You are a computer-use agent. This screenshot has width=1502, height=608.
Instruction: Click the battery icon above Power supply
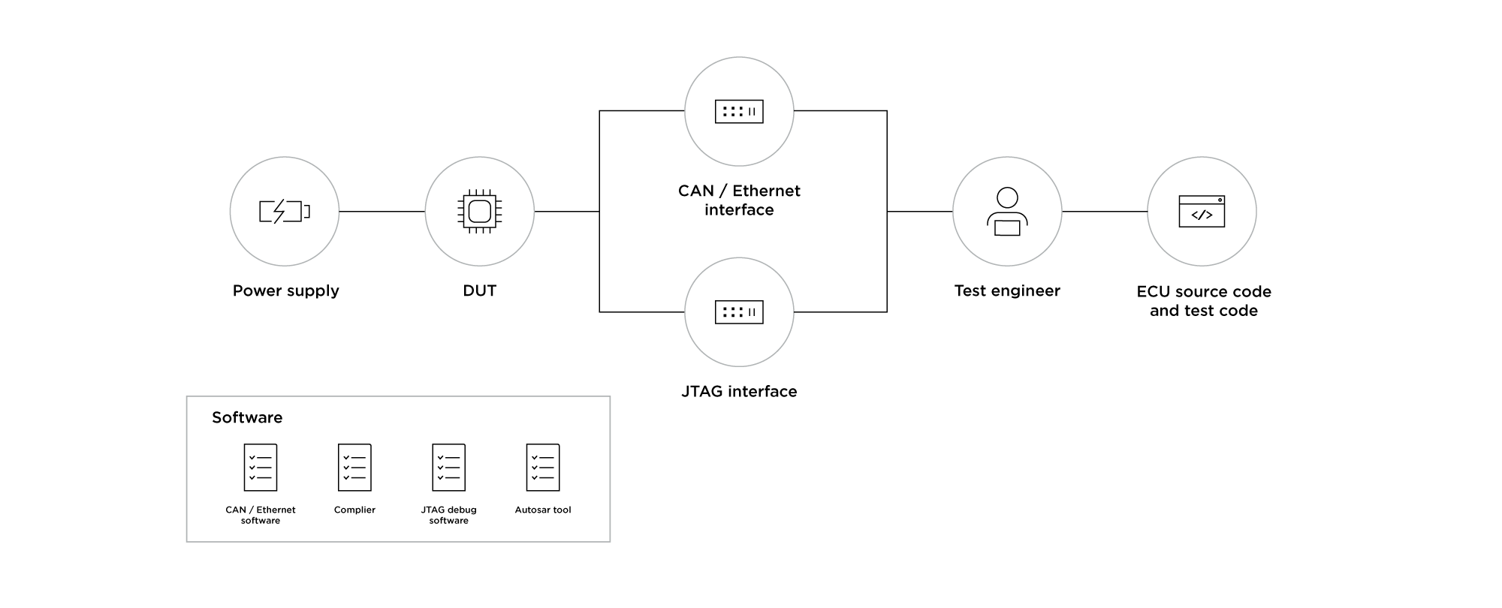[x=284, y=212]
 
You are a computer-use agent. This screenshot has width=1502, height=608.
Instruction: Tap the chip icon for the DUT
[x=479, y=212]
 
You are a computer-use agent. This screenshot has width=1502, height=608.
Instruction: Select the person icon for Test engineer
[x=1006, y=212]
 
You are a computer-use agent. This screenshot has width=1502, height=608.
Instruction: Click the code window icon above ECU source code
[x=1202, y=212]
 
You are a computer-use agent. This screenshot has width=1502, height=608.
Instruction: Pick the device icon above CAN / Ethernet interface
[x=739, y=112]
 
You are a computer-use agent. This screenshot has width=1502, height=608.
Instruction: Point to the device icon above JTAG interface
[x=739, y=312]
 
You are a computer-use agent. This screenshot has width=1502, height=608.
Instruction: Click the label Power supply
[x=285, y=290]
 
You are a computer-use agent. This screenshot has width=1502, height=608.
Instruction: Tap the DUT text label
[x=479, y=290]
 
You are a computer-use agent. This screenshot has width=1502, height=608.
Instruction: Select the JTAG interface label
[x=739, y=391]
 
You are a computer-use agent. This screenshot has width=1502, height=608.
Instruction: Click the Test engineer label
[x=1006, y=290]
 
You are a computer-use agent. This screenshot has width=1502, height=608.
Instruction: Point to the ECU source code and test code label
[x=1203, y=301]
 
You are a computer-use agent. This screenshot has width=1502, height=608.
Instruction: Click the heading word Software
[x=247, y=417]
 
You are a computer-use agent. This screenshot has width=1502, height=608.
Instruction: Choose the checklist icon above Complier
[x=354, y=468]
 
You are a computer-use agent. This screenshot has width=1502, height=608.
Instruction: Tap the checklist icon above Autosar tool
[x=543, y=468]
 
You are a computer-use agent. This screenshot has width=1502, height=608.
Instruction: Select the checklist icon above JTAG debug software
[x=448, y=468]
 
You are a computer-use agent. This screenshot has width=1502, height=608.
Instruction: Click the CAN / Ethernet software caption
[x=261, y=515]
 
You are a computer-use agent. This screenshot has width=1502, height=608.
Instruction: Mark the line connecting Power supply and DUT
[x=382, y=212]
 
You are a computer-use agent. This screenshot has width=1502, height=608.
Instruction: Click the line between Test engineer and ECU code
[x=1104, y=212]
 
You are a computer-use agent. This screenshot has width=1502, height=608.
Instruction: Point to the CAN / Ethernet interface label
[x=739, y=200]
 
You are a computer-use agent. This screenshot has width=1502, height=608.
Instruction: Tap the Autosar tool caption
[x=543, y=510]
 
